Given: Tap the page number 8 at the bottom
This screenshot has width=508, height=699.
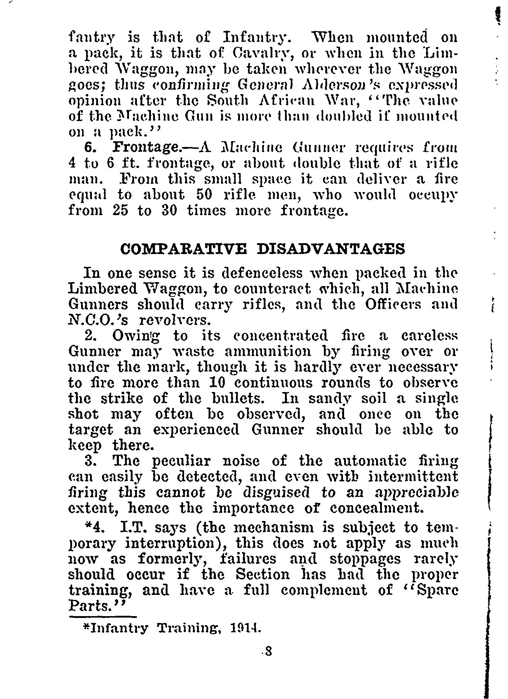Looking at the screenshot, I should click(268, 651).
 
